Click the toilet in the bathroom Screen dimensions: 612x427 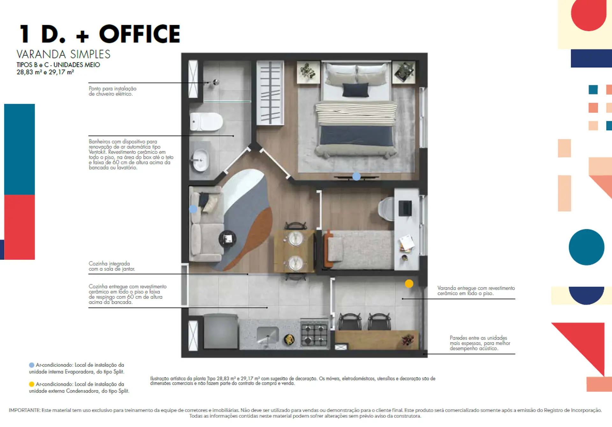[206, 122]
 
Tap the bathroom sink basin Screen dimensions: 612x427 [201, 160]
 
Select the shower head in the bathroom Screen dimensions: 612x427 [216, 82]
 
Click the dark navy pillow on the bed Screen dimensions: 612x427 [355, 89]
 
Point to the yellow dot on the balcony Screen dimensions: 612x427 [409, 283]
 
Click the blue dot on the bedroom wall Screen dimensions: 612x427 [356, 176]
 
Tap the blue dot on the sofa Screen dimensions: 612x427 [193, 209]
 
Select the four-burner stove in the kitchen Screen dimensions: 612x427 [314, 333]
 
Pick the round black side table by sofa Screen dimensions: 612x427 [228, 238]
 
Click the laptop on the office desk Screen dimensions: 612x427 [405, 208]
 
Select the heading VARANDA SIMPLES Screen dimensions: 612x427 [63, 54]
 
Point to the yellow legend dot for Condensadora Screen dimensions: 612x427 [32, 384]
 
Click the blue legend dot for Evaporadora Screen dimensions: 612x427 [32, 365]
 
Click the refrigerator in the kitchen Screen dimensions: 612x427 [221, 332]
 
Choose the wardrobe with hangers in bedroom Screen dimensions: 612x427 [270, 92]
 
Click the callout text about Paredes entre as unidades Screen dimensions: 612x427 [480, 343]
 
